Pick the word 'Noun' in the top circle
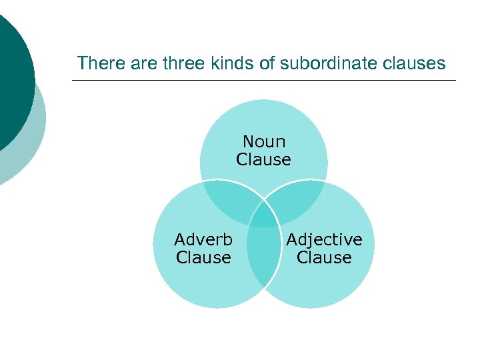tap(264, 141)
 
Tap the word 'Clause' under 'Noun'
tap(264, 159)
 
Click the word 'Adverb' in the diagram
tap(203, 239)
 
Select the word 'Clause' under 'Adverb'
tap(203, 257)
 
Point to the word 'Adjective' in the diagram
tap(325, 239)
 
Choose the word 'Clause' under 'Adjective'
tap(325, 257)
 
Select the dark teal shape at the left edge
tap(13, 73)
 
